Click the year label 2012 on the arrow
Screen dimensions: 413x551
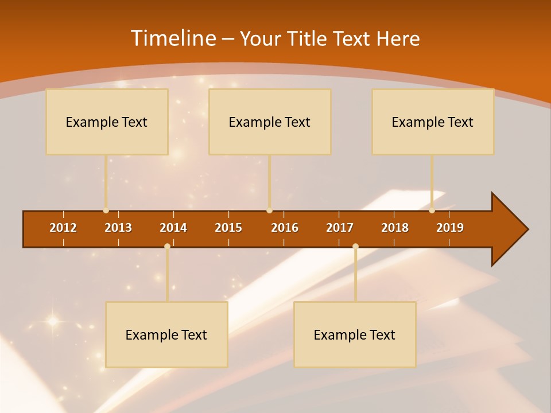tap(63, 228)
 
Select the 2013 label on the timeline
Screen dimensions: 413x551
tap(118, 228)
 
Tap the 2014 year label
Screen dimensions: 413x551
tap(173, 228)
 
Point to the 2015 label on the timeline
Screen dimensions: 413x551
tap(228, 228)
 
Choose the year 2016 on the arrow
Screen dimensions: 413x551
tap(285, 228)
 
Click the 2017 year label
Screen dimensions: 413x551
tap(340, 228)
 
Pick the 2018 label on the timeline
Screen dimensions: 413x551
tap(395, 228)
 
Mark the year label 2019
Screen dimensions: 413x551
tap(450, 228)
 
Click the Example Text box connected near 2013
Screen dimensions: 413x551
tap(107, 122)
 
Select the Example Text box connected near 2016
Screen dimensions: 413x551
tap(270, 122)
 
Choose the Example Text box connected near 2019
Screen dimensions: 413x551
tap(433, 122)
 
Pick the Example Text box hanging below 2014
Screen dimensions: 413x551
tap(166, 334)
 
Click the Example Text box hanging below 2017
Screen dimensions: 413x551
tap(355, 334)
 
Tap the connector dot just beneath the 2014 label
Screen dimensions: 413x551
tap(167, 246)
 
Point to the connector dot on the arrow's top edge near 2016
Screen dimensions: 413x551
tap(269, 211)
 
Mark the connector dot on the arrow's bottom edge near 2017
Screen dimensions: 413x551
tap(355, 246)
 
